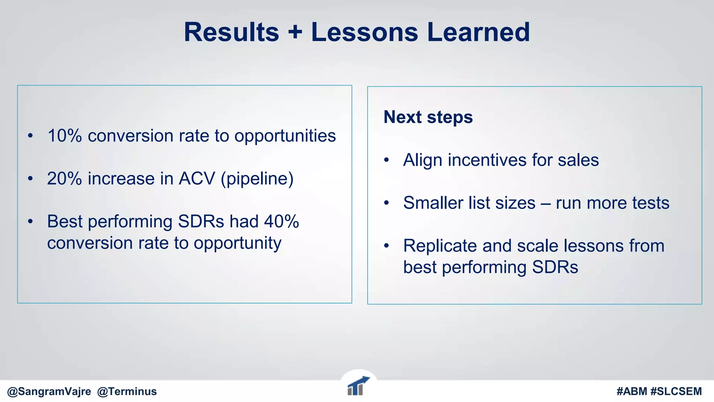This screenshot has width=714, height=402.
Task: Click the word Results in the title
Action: click(x=231, y=32)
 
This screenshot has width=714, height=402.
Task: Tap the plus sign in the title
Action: click(x=295, y=32)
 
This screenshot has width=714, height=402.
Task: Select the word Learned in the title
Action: click(x=478, y=32)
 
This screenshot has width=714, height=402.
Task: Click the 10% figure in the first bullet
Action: click(x=64, y=136)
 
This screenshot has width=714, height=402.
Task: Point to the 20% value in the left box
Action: click(x=64, y=179)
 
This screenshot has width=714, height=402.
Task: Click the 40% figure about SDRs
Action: click(x=281, y=221)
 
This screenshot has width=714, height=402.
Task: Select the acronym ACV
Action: click(x=197, y=179)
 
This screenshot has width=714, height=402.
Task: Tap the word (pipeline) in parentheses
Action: click(x=257, y=179)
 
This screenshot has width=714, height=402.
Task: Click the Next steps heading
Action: click(x=428, y=117)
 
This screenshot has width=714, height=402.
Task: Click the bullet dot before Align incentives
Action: click(x=386, y=160)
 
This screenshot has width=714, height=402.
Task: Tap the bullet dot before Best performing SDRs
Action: click(x=30, y=221)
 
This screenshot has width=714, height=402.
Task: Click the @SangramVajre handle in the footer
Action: click(x=49, y=392)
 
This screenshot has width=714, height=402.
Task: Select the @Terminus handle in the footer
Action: click(x=127, y=392)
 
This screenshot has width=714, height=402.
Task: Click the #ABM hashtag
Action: click(x=632, y=392)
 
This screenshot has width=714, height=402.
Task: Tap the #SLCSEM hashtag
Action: click(x=676, y=392)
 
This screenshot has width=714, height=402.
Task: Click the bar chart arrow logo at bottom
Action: click(x=358, y=386)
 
